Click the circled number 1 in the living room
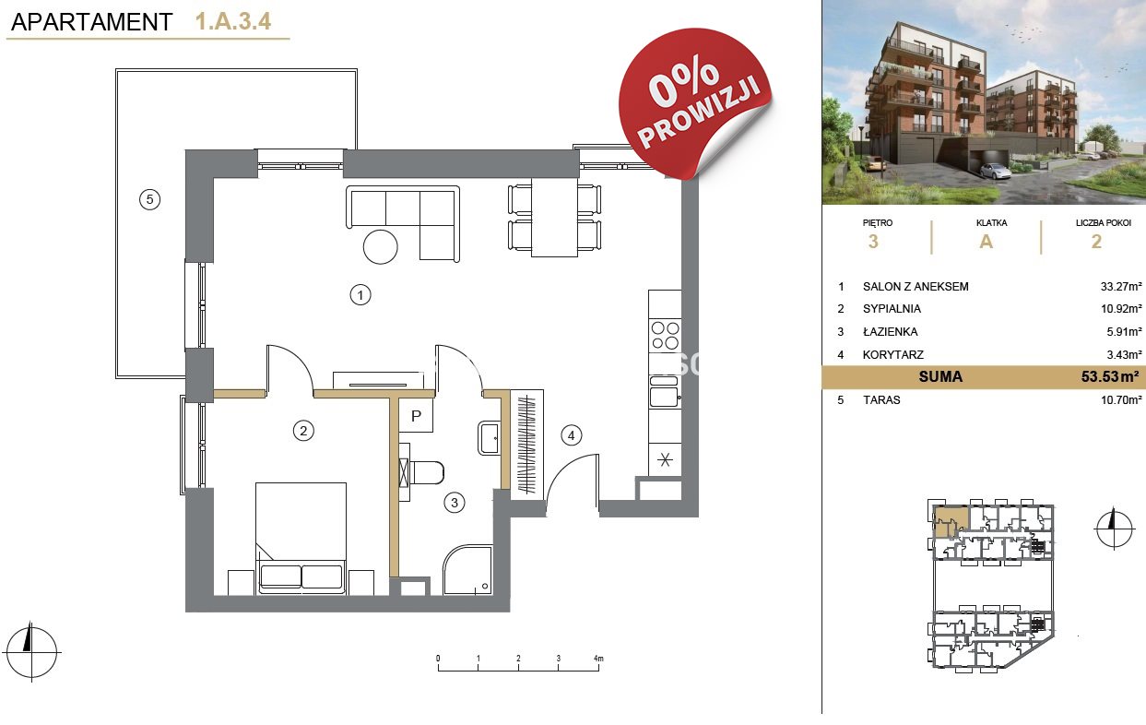point(360,295)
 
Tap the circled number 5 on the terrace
point(149,199)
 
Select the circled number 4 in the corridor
point(571,435)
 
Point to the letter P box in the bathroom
point(416,415)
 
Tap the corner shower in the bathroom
point(467,570)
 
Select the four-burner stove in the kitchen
point(665,336)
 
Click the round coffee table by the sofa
point(380,247)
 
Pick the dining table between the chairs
point(555,217)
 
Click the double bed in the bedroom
point(301,538)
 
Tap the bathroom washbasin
point(489,438)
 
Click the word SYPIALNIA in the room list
point(892,309)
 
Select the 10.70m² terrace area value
point(1121,400)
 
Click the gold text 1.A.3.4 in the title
point(232,21)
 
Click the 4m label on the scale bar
point(598,658)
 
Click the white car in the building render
point(994,171)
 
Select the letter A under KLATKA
point(986,242)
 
